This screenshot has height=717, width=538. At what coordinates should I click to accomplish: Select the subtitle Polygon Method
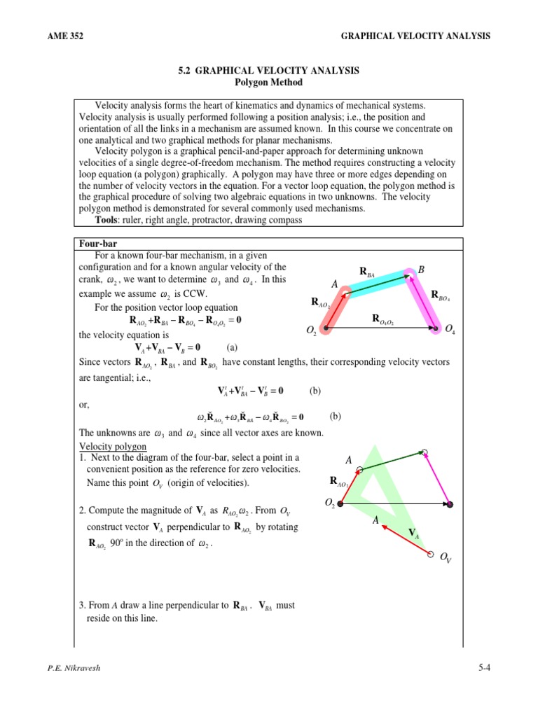pos(268,82)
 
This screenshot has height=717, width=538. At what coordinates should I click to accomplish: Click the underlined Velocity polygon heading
pos(112,446)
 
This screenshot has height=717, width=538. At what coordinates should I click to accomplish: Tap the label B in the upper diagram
pos(421,270)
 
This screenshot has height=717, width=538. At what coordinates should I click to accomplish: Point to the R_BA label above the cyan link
pos(367,272)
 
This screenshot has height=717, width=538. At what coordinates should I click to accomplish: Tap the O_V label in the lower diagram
pos(446,558)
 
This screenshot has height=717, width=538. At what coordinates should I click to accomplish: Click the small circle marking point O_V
pos(430,553)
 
